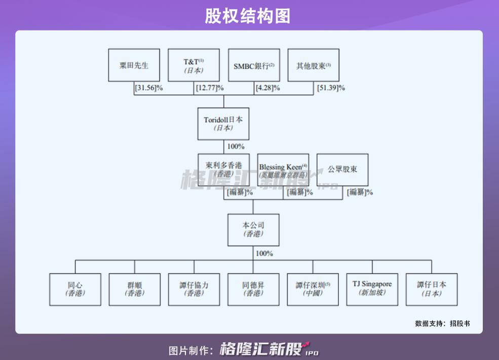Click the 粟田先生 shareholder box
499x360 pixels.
(134, 65)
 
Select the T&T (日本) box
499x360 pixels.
(194, 65)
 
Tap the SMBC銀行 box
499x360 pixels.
(253, 65)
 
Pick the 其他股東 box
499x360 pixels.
(313, 65)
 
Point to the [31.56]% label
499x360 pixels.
(148, 88)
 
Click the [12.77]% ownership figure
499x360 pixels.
(209, 88)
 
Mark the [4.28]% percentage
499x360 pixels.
(268, 88)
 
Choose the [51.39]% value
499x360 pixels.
(331, 88)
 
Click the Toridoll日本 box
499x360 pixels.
(223, 123)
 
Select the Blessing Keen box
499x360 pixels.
(283, 170)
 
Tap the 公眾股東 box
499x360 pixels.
(342, 170)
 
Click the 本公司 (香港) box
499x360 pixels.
(253, 230)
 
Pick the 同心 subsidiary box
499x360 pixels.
(74, 289)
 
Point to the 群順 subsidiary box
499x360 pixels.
(134, 289)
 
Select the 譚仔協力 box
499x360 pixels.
(194, 289)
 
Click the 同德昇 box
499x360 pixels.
(253, 289)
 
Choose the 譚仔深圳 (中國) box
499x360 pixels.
(313, 289)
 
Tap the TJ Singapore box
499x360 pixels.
(372, 289)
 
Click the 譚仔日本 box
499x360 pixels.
(432, 289)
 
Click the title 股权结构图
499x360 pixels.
(248, 16)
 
